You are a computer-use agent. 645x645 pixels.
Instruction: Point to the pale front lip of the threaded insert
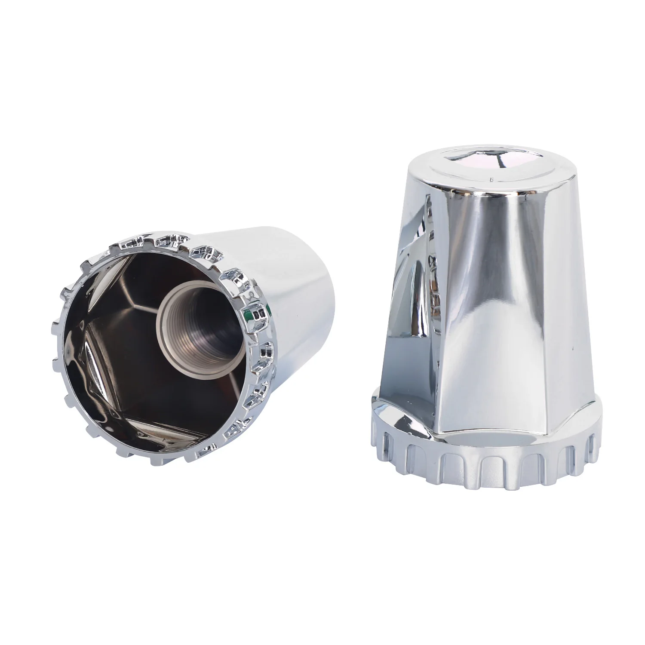[168, 310]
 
